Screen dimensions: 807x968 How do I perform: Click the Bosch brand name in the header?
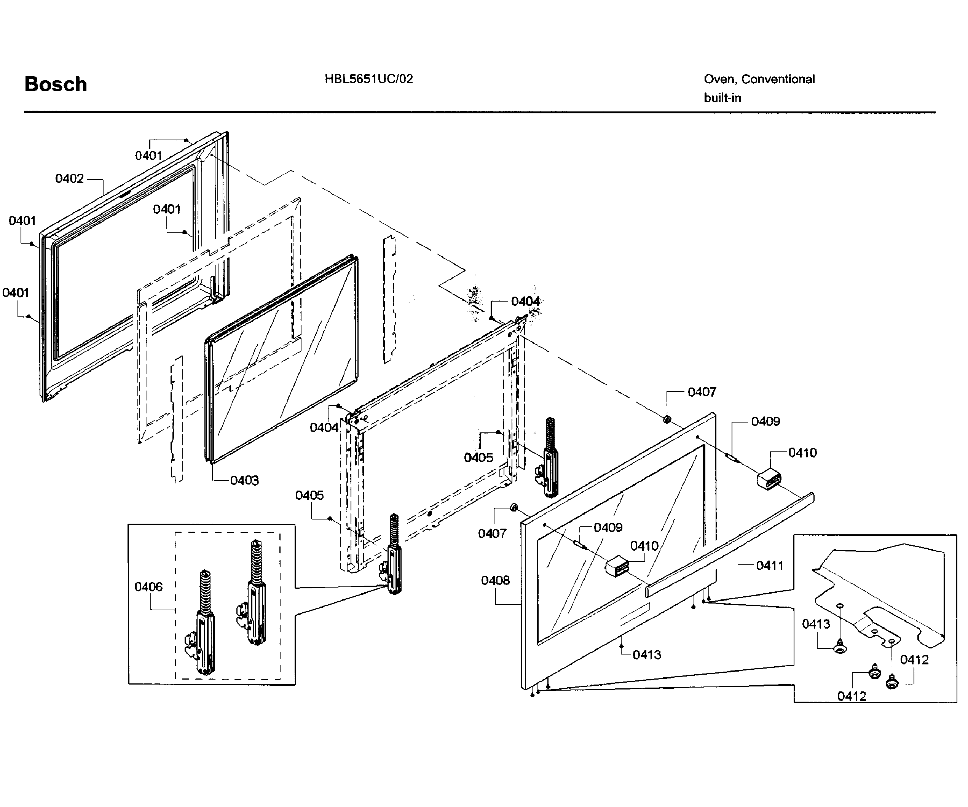(x=55, y=84)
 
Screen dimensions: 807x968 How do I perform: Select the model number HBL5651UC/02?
(x=368, y=79)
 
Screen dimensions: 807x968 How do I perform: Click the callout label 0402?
(x=69, y=179)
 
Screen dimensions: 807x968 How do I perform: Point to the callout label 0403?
(x=244, y=480)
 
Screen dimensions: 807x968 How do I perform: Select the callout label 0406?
(x=148, y=587)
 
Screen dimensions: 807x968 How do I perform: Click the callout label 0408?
(x=495, y=580)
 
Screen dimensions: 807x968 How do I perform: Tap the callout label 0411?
(x=769, y=566)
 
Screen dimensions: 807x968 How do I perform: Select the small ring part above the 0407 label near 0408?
(x=513, y=508)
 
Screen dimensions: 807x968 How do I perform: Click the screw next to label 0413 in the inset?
(x=840, y=648)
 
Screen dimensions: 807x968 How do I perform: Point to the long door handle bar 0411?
(x=733, y=543)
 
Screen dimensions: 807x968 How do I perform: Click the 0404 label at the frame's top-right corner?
(x=525, y=301)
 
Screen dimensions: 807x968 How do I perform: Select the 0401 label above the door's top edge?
(x=148, y=156)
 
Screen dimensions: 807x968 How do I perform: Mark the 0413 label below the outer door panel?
(x=646, y=655)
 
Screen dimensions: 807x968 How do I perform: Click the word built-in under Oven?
(x=722, y=98)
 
